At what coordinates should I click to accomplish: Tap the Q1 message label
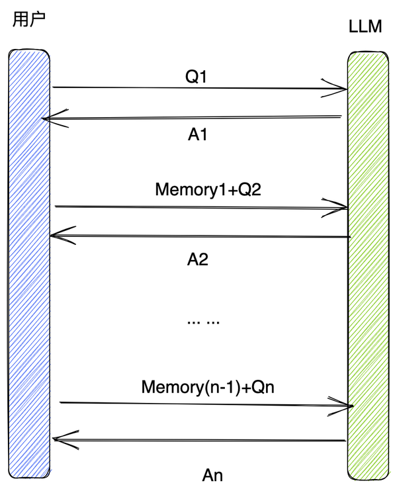(197, 77)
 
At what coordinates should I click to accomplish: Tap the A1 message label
(198, 134)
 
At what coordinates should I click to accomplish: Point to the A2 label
(198, 259)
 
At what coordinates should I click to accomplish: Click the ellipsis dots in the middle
(202, 322)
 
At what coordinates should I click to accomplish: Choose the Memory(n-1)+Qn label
(207, 387)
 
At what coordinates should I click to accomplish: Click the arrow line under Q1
(198, 88)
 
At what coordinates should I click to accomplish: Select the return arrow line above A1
(192, 118)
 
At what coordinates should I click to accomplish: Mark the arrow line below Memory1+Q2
(198, 208)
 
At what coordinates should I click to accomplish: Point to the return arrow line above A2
(198, 236)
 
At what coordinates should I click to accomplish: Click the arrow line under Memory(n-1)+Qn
(205, 404)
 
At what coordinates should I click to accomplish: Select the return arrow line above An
(198, 439)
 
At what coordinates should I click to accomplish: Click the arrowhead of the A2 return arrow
(56, 233)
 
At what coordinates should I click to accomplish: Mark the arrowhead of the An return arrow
(58, 438)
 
